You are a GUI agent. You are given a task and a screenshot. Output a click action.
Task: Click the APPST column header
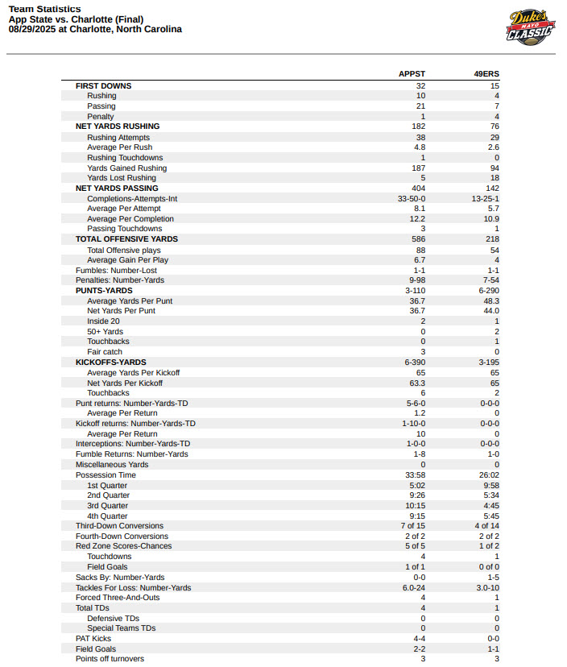412,75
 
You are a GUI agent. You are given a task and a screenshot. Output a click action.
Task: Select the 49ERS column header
486,75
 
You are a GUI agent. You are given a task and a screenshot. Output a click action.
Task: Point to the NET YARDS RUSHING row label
118,126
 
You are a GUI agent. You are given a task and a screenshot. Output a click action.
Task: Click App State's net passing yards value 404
417,188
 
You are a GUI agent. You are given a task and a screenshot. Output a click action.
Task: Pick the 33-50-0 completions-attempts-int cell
412,198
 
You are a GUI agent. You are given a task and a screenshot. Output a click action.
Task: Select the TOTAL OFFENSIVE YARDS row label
126,239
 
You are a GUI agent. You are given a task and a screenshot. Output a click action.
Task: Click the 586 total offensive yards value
417,239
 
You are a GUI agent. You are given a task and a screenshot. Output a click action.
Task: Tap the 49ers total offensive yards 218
491,239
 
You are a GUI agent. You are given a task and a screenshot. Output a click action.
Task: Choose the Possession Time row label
106,475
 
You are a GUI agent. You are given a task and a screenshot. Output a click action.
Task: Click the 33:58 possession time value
414,475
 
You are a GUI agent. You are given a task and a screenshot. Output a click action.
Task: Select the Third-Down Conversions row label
119,526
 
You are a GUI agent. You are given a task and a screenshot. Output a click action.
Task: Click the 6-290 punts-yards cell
488,290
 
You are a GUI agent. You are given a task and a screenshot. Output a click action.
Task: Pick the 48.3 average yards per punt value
490,300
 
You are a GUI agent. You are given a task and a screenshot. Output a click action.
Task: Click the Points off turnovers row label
110,659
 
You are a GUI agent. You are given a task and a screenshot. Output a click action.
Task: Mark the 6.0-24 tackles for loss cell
412,588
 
